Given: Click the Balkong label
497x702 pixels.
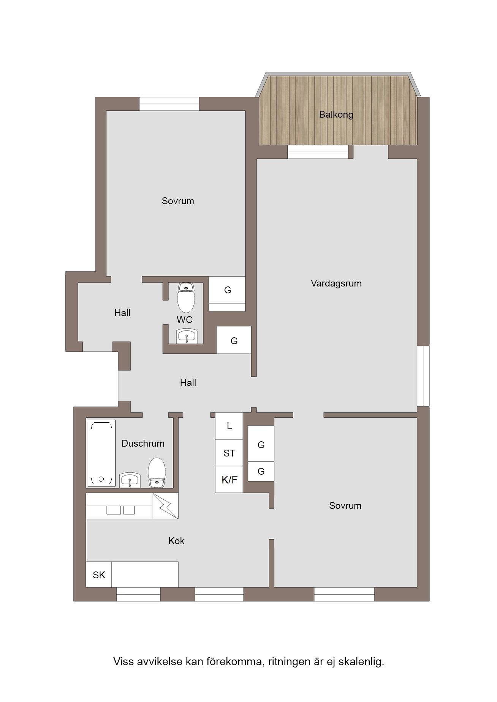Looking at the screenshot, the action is [336, 115].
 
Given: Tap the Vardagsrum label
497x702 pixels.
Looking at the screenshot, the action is [336, 283].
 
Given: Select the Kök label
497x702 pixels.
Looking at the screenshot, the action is [176, 541].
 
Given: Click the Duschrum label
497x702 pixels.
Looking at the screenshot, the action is [143, 443].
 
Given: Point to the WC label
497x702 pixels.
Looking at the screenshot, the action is [184, 320].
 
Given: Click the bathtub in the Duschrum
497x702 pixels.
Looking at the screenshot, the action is [101, 453].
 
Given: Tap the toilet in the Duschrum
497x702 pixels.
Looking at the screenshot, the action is [157, 472].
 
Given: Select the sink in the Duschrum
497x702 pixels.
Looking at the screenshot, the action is [130, 480].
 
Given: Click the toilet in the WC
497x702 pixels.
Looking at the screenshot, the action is [186, 297].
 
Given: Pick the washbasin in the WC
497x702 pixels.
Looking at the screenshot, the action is [187, 336].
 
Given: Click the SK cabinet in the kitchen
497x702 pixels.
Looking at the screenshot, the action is [99, 575].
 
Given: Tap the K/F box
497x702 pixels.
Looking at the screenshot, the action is [229, 480].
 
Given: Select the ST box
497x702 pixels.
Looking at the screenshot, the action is [229, 453].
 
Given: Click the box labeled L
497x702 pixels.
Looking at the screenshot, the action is [229, 426].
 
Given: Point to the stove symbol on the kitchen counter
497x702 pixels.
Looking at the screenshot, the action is [165, 506].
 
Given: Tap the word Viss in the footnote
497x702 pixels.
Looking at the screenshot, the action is [123, 661].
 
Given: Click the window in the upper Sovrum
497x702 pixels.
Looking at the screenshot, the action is [169, 104].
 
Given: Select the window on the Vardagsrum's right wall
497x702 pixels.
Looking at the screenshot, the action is [423, 376].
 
